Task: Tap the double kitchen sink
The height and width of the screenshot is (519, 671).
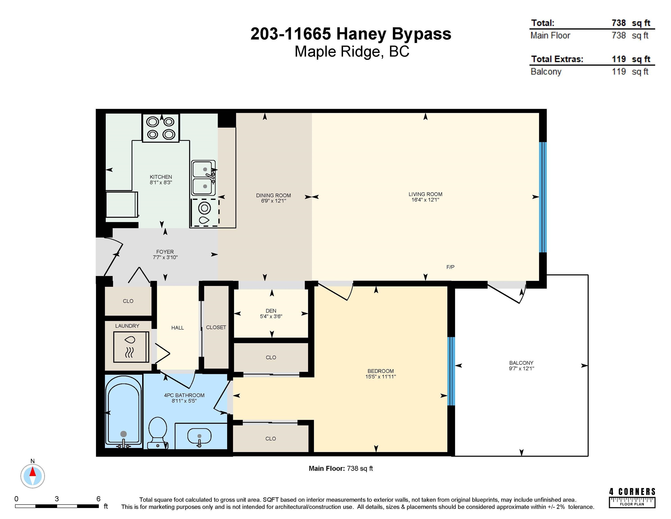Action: [203, 178]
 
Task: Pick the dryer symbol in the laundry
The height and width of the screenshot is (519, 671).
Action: [131, 347]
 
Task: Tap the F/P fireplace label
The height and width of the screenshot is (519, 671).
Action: [450, 267]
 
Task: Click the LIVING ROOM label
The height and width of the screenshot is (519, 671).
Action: [425, 194]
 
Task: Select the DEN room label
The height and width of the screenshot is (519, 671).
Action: [271, 311]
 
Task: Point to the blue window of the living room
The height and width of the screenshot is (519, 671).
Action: [543, 197]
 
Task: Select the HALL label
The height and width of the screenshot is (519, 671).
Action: [178, 328]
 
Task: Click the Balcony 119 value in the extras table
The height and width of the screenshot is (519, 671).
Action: [619, 71]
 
